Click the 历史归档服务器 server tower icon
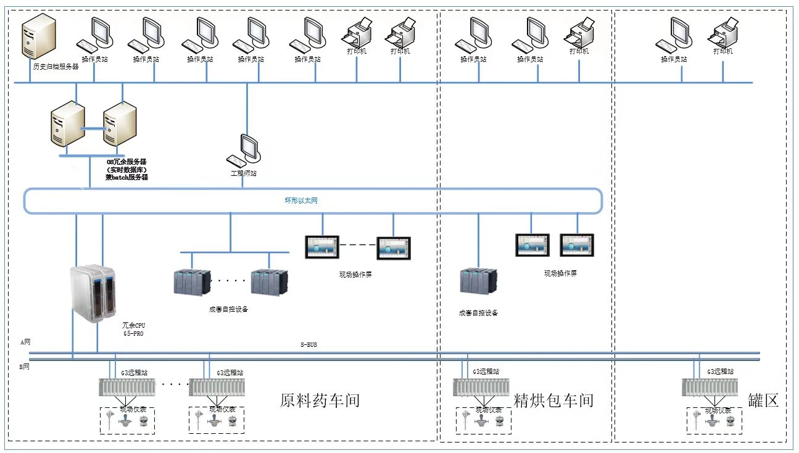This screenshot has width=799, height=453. (x=39, y=36)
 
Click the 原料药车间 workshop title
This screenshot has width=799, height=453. (x=320, y=401)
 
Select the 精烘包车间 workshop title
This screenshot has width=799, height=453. (x=553, y=401)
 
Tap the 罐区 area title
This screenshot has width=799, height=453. (x=763, y=401)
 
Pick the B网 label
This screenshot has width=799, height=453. (x=25, y=367)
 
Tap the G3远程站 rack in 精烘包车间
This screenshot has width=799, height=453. (x=481, y=388)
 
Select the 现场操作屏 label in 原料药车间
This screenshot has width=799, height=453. (x=356, y=275)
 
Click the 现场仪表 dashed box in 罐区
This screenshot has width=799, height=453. (x=714, y=420)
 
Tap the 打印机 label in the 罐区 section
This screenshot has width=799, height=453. (x=722, y=51)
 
